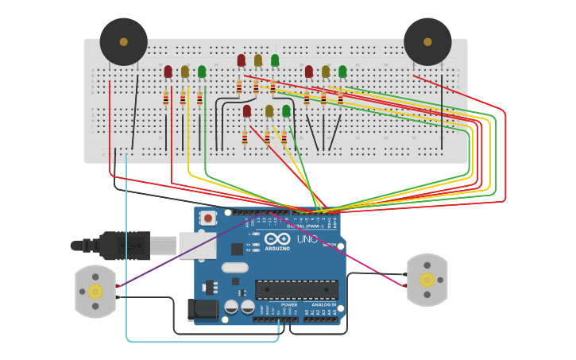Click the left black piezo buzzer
point(123,41)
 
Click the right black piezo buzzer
point(427,41)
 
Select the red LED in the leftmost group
point(168,72)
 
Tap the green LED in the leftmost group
point(202,72)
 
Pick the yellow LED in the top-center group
point(258,60)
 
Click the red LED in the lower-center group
point(247,110)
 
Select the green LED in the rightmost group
point(342,72)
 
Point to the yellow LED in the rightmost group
point(326,72)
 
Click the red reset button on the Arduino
point(208,218)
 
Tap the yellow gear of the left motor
point(95,291)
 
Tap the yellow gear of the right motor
point(427,280)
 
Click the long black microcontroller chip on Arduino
point(296,289)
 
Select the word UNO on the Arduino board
point(307,239)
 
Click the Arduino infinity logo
point(277,238)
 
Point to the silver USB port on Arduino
point(198,246)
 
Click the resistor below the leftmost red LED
point(166,99)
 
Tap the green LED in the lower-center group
point(286,110)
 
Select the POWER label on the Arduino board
point(289,304)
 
